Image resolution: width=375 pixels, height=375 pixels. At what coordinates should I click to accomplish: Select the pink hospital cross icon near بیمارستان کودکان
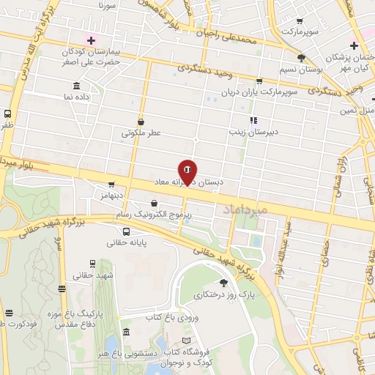90,41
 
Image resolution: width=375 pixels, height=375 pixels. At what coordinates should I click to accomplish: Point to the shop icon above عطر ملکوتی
141,123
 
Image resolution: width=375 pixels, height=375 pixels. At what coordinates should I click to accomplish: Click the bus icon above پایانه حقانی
127,232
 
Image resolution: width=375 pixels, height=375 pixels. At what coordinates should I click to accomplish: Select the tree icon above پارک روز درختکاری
223,282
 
